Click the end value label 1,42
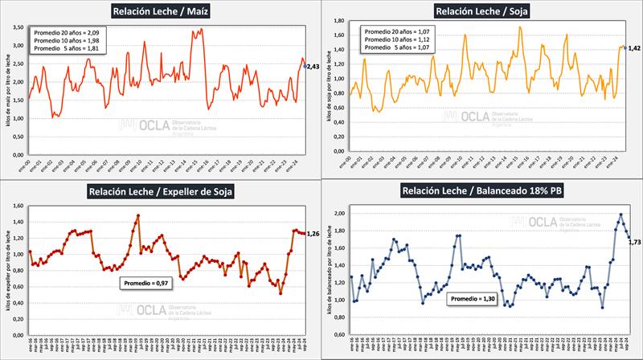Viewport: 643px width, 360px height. (633, 48)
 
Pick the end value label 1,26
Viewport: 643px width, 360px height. (313, 234)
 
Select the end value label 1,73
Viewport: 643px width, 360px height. (633, 241)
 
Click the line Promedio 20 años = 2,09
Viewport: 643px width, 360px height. (68, 31)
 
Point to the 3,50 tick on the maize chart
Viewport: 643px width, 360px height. (16, 27)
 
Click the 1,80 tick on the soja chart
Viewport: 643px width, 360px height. (339, 22)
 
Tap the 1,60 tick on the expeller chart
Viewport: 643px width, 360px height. (16, 207)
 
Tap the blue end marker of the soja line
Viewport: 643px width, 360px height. (625, 47)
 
